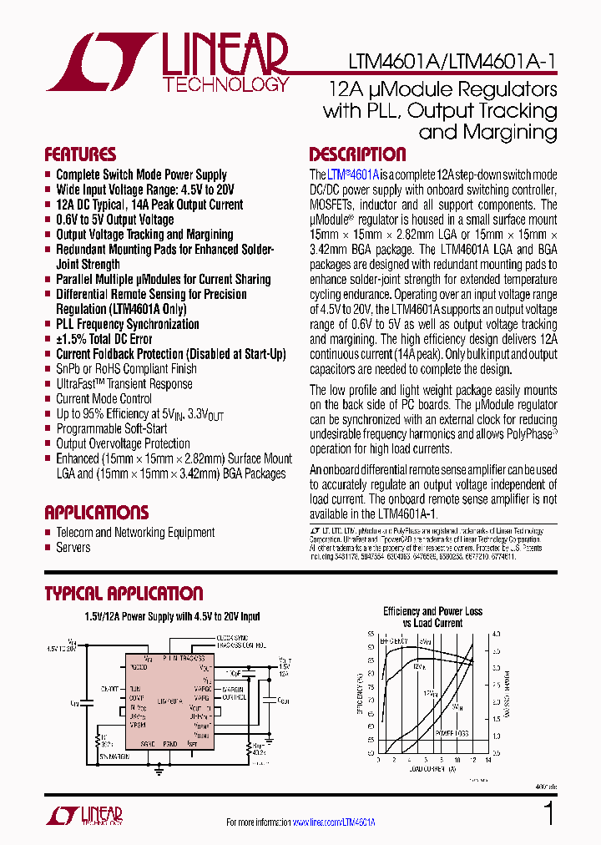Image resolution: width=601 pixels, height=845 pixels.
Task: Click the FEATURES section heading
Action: pyautogui.click(x=80, y=154)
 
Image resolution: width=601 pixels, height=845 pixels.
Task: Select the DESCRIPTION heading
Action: pyautogui.click(x=357, y=154)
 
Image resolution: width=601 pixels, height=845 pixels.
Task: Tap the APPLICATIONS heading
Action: pyautogui.click(x=96, y=513)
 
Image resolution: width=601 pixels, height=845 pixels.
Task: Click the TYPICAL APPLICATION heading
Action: pyautogui.click(x=124, y=594)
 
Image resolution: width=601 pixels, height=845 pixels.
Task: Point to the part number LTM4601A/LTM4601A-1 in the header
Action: pyautogui.click(x=451, y=63)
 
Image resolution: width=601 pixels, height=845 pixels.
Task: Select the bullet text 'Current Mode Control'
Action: pyautogui.click(x=104, y=399)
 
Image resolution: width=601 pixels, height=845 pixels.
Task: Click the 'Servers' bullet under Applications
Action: pyautogui.click(x=73, y=548)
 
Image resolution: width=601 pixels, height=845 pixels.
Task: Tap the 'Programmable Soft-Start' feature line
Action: pyautogui.click(x=112, y=429)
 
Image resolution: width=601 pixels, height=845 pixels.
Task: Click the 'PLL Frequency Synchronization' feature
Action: pyautogui.click(x=127, y=324)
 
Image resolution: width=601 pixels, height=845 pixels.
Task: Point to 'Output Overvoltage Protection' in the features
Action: pyautogui.click(x=123, y=444)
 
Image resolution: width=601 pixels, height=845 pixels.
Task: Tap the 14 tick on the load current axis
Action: pyautogui.click(x=488, y=760)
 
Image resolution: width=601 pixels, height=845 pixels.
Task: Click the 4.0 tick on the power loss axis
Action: pyautogui.click(x=496, y=634)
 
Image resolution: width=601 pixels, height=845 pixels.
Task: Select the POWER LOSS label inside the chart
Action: pyautogui.click(x=451, y=732)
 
